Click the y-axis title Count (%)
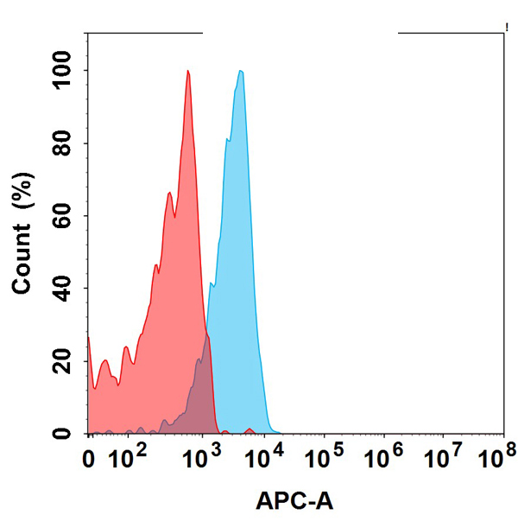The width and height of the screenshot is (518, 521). click(x=23, y=233)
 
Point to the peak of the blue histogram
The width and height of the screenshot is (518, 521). click(x=241, y=73)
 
